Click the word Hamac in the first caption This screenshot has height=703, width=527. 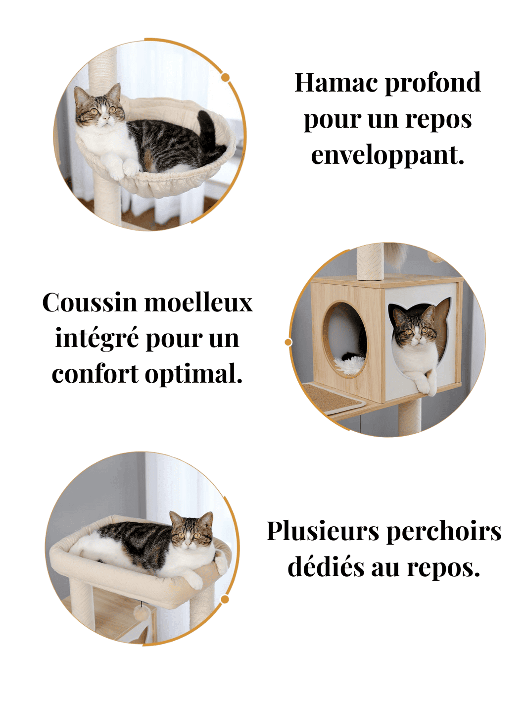coord(337,83)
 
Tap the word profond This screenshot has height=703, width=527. coord(432,83)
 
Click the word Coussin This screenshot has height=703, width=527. coord(89,302)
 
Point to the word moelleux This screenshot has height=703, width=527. coord(198,302)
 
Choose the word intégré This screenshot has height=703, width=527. coord(96,339)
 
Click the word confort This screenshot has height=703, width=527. coord(95,374)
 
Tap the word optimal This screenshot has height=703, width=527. coord(193,374)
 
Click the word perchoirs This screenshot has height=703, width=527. coord(443,532)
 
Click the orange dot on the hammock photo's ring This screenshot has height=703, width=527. coord(225,77)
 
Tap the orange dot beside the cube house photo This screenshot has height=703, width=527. coord(288,342)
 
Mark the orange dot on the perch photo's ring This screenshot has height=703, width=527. coord(225,600)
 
